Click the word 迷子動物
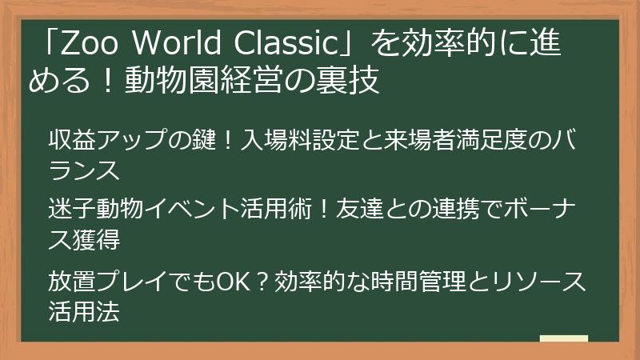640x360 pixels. (x=95, y=210)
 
